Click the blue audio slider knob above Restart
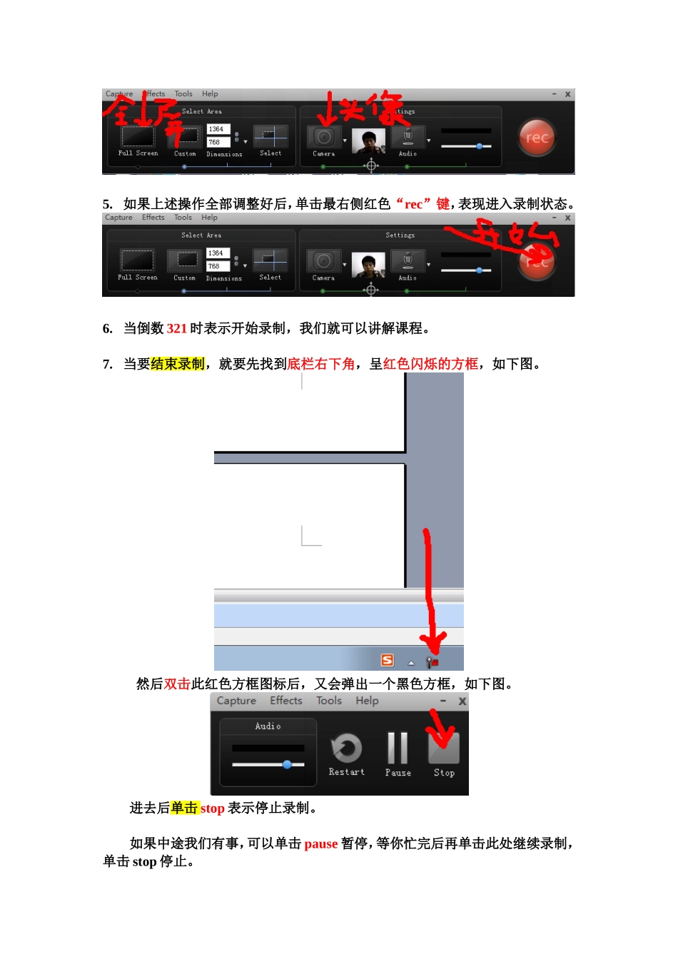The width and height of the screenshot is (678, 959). click(287, 764)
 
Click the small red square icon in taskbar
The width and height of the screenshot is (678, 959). click(432, 662)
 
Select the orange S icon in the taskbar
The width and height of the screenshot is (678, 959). click(387, 660)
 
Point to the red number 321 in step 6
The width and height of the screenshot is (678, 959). click(176, 328)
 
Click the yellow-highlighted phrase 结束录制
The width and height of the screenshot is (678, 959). click(178, 364)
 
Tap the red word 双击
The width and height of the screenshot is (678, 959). click(177, 684)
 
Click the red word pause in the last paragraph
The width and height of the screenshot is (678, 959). click(320, 843)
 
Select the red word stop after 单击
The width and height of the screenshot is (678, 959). click(212, 808)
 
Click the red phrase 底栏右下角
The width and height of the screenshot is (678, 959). click(320, 364)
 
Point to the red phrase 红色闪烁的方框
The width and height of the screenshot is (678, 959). click(430, 364)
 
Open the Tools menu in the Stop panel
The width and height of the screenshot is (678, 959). click(329, 701)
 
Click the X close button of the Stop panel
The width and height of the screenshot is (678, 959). click(462, 701)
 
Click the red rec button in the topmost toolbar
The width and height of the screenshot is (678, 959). click(537, 138)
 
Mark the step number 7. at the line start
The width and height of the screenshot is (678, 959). click(108, 364)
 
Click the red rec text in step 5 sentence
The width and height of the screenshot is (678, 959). click(413, 204)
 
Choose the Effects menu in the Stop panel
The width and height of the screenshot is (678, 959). click(285, 701)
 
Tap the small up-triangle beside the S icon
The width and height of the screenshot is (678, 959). click(411, 663)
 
